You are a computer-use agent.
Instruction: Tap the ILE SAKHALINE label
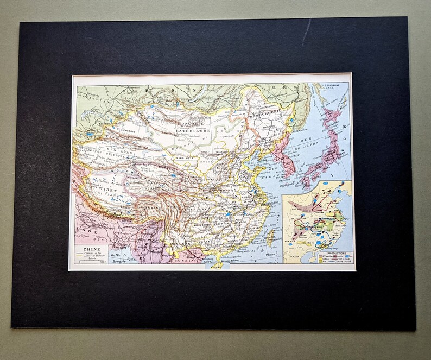tap(330, 86)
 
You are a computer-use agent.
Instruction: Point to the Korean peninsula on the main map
tap(282, 155)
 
